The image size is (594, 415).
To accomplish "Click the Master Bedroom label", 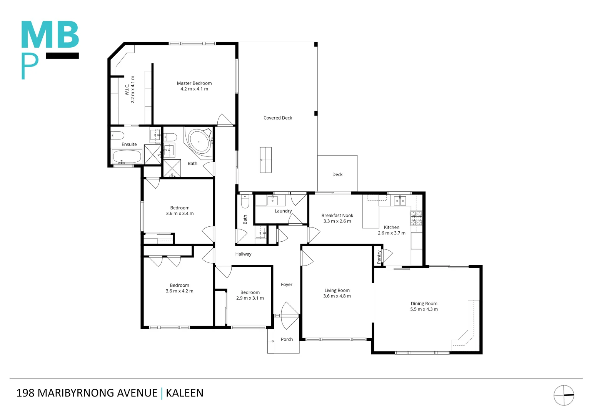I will point(194,83).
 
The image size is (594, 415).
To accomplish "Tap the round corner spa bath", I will point(199,142).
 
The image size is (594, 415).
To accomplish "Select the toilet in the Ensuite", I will point(118,135).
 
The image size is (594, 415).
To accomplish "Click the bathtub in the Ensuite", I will point(127,157).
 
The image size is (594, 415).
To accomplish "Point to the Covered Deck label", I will point(277,118).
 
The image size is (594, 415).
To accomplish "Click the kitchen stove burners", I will point(416,218).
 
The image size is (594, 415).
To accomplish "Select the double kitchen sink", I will point(400,201).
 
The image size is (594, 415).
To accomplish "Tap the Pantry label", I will point(379,257).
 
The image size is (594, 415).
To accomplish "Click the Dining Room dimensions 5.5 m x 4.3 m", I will point(424,309).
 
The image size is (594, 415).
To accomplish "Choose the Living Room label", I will point(337,290).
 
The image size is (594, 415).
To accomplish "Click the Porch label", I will point(287,339).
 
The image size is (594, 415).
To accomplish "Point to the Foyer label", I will point(287,285).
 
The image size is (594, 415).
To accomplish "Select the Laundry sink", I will point(272,200).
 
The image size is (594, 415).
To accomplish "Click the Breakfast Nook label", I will point(337,216).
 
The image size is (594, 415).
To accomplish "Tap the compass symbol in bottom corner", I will point(564,395).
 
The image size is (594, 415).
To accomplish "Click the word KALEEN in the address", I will point(185,393).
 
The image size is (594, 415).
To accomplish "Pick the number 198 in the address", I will point(25,393).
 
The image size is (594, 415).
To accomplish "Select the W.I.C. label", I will point(127,90).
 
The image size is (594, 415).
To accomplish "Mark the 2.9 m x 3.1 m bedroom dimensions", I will point(250,298).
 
